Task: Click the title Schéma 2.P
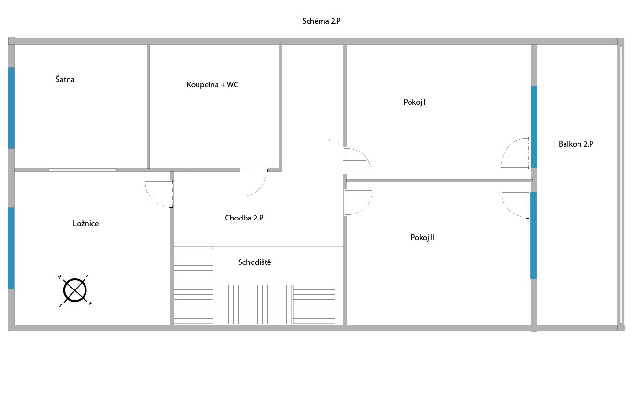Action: [321, 21]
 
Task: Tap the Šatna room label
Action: [65, 79]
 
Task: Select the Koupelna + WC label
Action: [212, 84]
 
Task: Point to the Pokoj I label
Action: [415, 102]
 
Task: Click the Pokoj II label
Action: [423, 237]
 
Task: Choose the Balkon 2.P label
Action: [576, 144]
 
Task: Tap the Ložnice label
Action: [86, 223]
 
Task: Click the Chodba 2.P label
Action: [244, 218]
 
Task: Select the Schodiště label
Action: [254, 262]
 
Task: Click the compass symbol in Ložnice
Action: [75, 290]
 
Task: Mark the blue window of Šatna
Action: [11, 108]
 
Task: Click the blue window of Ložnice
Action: [11, 248]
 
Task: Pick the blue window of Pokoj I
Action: [534, 127]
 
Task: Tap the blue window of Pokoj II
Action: [534, 235]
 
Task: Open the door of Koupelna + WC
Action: [254, 182]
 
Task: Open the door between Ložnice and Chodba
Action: [159, 194]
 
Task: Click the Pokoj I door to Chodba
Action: [357, 160]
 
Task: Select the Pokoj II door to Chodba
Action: [358, 203]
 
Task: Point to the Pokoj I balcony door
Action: [515, 152]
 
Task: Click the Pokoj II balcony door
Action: [515, 205]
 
